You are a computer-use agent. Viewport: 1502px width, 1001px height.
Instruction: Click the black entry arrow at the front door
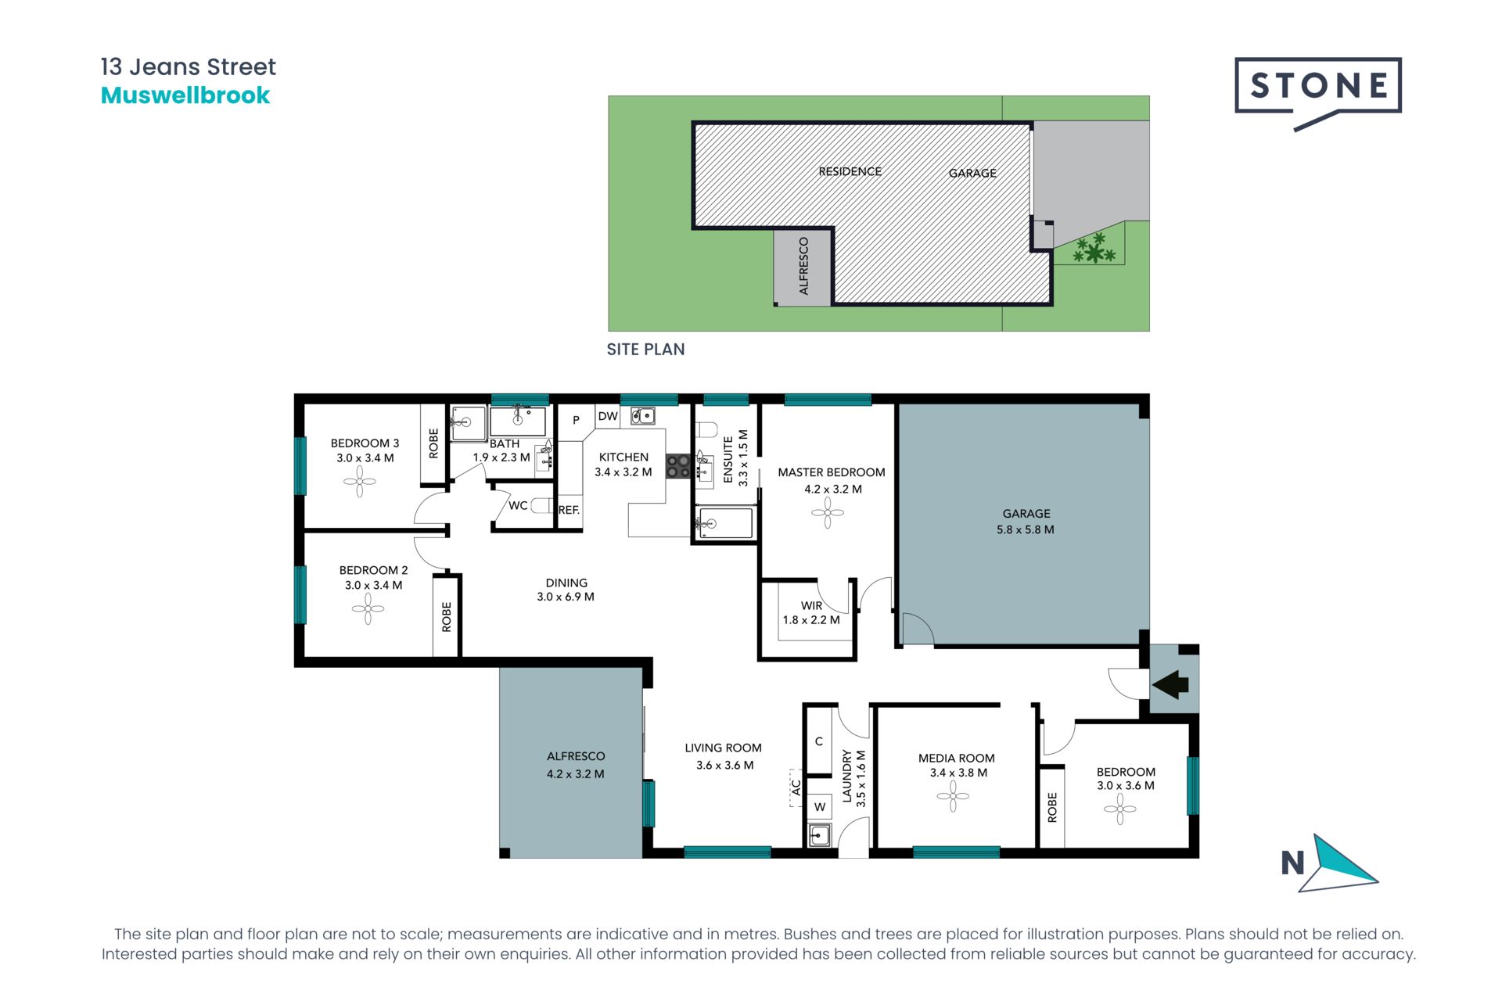(x=1171, y=684)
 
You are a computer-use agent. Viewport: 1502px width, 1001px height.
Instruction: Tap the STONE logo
(x=1318, y=85)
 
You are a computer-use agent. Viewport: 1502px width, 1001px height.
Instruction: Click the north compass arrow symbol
(x=1339, y=863)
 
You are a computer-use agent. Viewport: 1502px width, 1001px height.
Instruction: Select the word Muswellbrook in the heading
(x=185, y=95)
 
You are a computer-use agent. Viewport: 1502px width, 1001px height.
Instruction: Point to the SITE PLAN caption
(x=645, y=350)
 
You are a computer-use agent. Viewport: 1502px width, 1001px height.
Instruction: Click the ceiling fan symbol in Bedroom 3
(x=360, y=482)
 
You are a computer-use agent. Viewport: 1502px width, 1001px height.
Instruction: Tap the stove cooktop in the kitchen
(x=677, y=467)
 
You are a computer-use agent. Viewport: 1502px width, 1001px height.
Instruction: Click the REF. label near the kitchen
(x=569, y=510)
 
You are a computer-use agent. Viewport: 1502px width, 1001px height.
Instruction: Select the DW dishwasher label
(x=608, y=416)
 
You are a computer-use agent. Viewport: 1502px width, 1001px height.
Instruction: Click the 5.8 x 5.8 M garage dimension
(x=1025, y=529)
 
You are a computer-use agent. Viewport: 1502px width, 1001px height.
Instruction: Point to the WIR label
(x=811, y=605)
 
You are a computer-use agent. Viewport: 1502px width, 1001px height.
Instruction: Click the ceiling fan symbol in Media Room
(x=953, y=796)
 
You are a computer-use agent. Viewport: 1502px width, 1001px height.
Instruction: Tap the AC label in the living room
(x=796, y=787)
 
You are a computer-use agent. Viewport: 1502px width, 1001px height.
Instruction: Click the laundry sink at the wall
(x=819, y=835)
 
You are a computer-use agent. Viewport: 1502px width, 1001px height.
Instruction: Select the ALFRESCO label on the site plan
(x=803, y=266)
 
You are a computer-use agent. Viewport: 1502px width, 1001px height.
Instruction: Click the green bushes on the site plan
(x=1093, y=249)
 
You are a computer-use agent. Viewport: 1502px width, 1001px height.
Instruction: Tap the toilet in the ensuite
(x=706, y=429)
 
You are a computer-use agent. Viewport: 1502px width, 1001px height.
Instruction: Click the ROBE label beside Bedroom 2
(x=447, y=616)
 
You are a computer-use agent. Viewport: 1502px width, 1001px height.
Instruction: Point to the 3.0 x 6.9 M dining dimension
(x=565, y=597)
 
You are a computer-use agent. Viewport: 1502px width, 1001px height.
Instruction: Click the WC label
(x=518, y=505)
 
